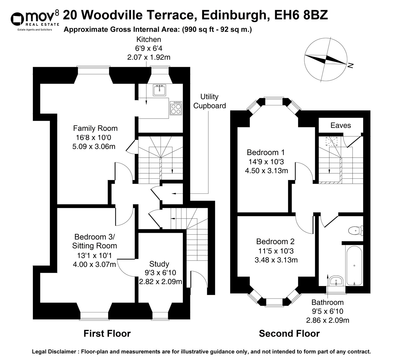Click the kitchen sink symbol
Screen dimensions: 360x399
(160, 90)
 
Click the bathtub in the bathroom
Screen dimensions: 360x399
(354, 265)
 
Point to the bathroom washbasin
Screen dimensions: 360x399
(336, 281)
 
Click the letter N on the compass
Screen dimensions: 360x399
(351, 65)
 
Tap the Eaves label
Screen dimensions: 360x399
(340, 125)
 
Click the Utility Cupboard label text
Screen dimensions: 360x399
(209, 101)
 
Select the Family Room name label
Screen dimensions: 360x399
(95, 128)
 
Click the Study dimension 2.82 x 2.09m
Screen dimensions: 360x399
(160, 282)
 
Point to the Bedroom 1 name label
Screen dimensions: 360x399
(265, 152)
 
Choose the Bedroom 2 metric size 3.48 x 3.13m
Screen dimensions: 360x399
(276, 260)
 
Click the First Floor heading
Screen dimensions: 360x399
(107, 333)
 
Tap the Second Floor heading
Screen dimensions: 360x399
(289, 333)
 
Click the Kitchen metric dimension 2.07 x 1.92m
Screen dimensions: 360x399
(149, 57)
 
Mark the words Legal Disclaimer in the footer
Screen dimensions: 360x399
(54, 352)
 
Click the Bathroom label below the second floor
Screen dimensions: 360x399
(327, 302)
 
